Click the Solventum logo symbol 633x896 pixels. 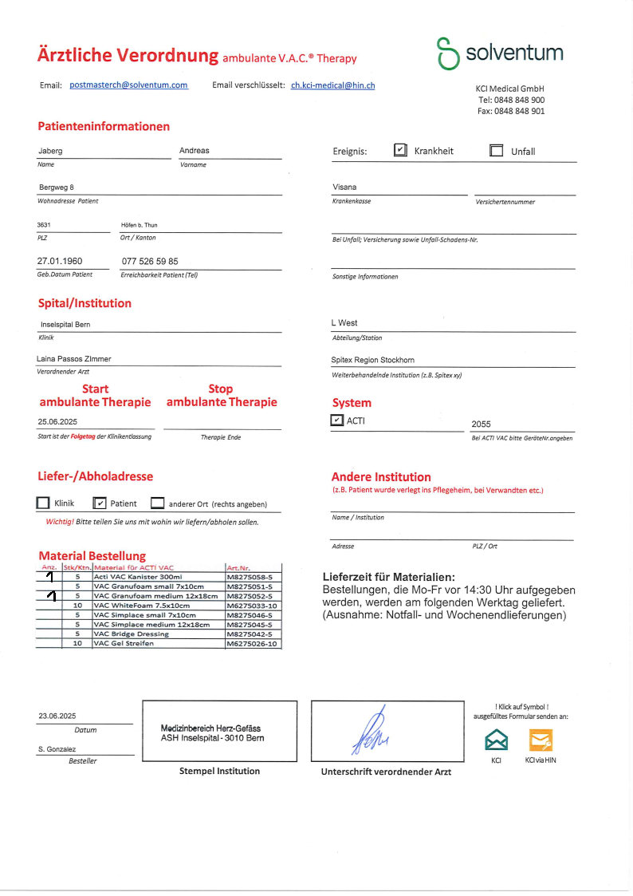pos(447,53)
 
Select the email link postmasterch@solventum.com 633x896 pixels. pos(129,85)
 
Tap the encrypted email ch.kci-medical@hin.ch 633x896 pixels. pos(332,85)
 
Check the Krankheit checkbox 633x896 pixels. pos(401,150)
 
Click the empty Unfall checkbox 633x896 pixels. pos(496,151)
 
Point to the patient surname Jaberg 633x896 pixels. pos(50,150)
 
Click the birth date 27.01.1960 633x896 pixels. pos(60,261)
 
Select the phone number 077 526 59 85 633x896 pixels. pos(150,261)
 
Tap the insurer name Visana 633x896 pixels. pos(344,187)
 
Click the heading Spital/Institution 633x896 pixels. pos(85,303)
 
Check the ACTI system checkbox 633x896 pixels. pos(337,420)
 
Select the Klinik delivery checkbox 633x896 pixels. pos(43,503)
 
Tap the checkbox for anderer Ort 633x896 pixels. pos(157,503)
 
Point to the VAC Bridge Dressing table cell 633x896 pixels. pos(132,634)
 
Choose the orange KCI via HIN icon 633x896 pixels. pos(541,740)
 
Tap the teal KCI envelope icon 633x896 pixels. pos(496,740)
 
